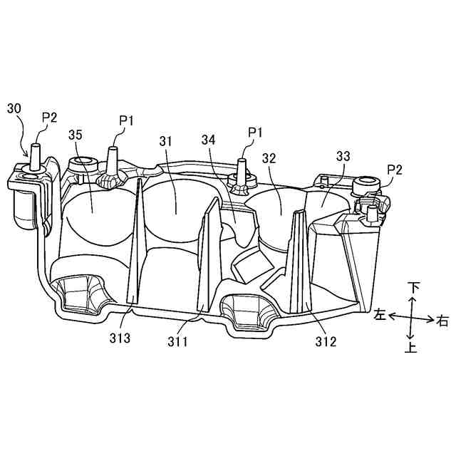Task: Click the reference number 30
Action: click(x=14, y=108)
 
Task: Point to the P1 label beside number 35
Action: click(x=126, y=120)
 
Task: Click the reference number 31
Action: click(x=166, y=142)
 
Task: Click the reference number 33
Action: click(x=343, y=155)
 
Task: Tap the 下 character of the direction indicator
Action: click(x=413, y=288)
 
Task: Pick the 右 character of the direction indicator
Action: click(x=443, y=321)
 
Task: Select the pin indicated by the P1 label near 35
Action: click(x=112, y=158)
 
